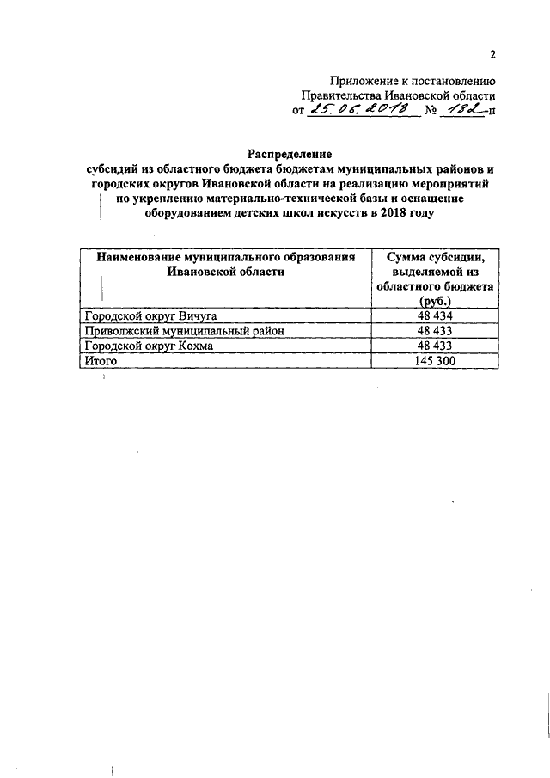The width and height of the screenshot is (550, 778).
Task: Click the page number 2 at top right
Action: pyautogui.click(x=493, y=56)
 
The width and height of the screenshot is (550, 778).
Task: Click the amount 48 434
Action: pyautogui.click(x=435, y=315)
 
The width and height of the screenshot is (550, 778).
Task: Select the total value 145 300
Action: pyautogui.click(x=435, y=362)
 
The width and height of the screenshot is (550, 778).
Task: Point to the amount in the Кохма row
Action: pyautogui.click(x=435, y=346)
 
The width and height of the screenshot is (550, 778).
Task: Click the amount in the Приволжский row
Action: pyautogui.click(x=435, y=331)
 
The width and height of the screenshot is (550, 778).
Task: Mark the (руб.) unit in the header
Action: pyautogui.click(x=436, y=303)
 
